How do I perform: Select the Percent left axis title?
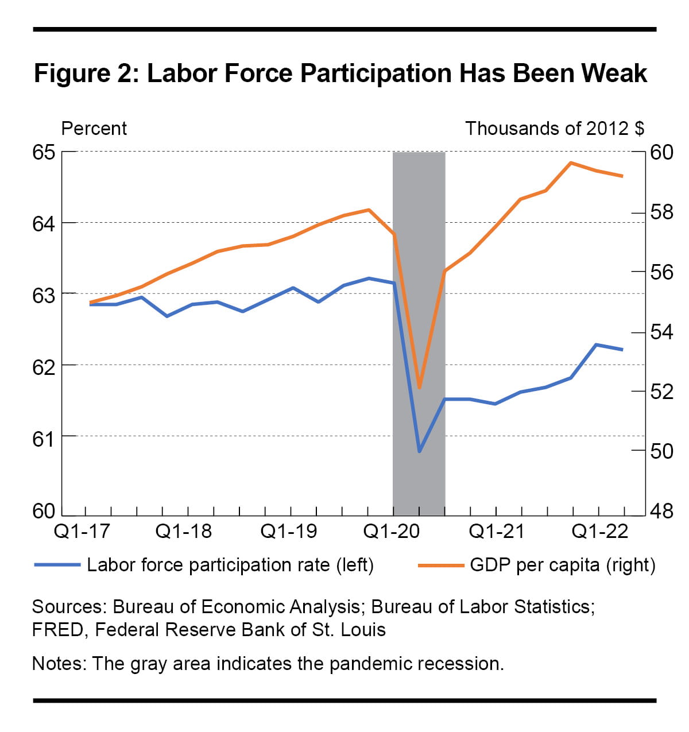pyautogui.click(x=94, y=128)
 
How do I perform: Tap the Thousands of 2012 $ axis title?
pyautogui.click(x=554, y=128)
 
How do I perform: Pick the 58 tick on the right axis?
pyautogui.click(x=661, y=212)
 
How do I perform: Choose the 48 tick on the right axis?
pyautogui.click(x=661, y=510)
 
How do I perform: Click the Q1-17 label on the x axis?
pyautogui.click(x=82, y=532)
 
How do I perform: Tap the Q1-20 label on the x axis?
pyautogui.click(x=393, y=532)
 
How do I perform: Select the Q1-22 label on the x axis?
pyautogui.click(x=601, y=532)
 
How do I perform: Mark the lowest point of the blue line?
pyautogui.click(x=419, y=451)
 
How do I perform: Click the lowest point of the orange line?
pyautogui.click(x=419, y=388)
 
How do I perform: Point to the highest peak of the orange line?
pyautogui.click(x=571, y=163)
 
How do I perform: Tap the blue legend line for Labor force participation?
pyautogui.click(x=57, y=566)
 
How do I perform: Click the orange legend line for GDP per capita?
pyautogui.click(x=440, y=566)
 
